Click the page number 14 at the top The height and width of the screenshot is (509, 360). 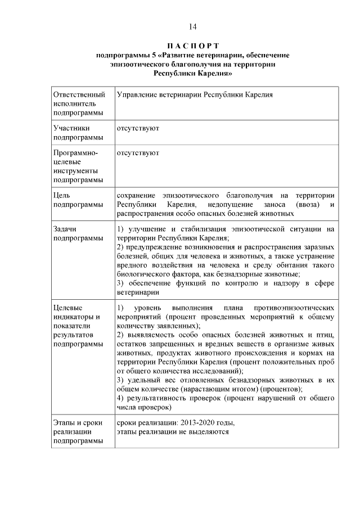[x=192, y=26]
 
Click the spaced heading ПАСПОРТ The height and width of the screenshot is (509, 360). [x=192, y=46]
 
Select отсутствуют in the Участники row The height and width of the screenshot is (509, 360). [x=137, y=128]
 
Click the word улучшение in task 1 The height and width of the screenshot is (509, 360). [x=149, y=229]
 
